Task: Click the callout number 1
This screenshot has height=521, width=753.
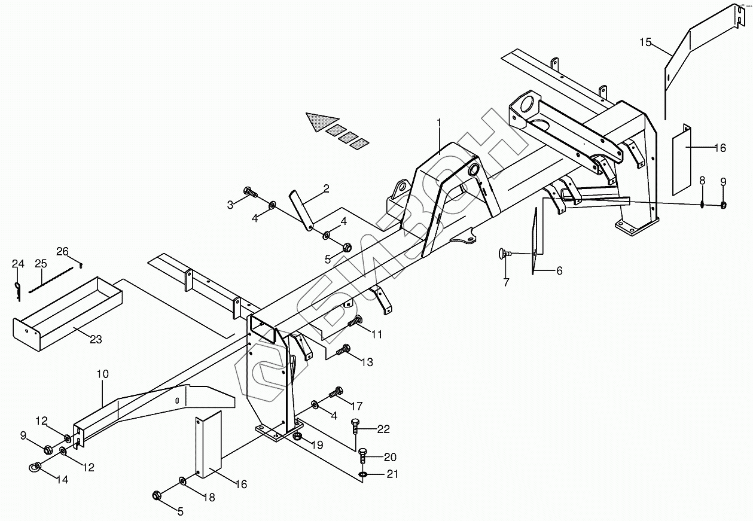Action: pos(439,122)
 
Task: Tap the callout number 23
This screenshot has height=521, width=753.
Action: pos(96,340)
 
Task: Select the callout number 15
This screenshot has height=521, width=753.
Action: pos(645,42)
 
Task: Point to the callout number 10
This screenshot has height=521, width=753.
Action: pos(102,374)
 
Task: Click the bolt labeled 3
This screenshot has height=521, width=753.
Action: pos(251,193)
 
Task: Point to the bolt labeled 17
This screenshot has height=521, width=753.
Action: pos(336,394)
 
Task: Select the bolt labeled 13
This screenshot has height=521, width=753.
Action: pos(343,350)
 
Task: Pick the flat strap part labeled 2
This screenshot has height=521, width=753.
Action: pos(302,209)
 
